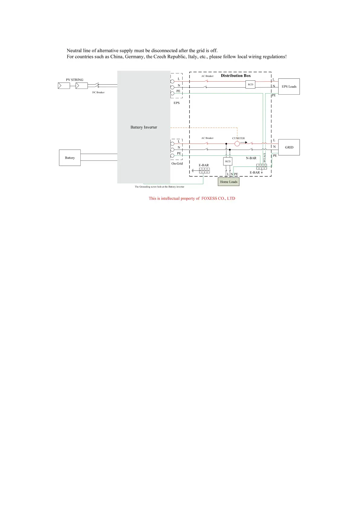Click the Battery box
point(70,158)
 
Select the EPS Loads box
point(289,86)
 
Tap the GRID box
point(289,147)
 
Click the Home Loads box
point(229,182)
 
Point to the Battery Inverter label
point(144,127)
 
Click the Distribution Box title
point(236,76)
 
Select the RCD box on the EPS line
point(250,84)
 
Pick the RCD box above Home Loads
point(228,161)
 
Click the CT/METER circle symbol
point(237,144)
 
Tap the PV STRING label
point(75,80)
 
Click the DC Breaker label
point(98,92)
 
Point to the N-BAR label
point(251,158)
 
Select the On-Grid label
point(177,164)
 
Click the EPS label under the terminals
point(177,103)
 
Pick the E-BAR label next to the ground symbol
point(204,165)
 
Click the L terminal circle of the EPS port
point(172,81)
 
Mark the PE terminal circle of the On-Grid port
point(172,156)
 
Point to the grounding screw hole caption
point(159,187)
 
